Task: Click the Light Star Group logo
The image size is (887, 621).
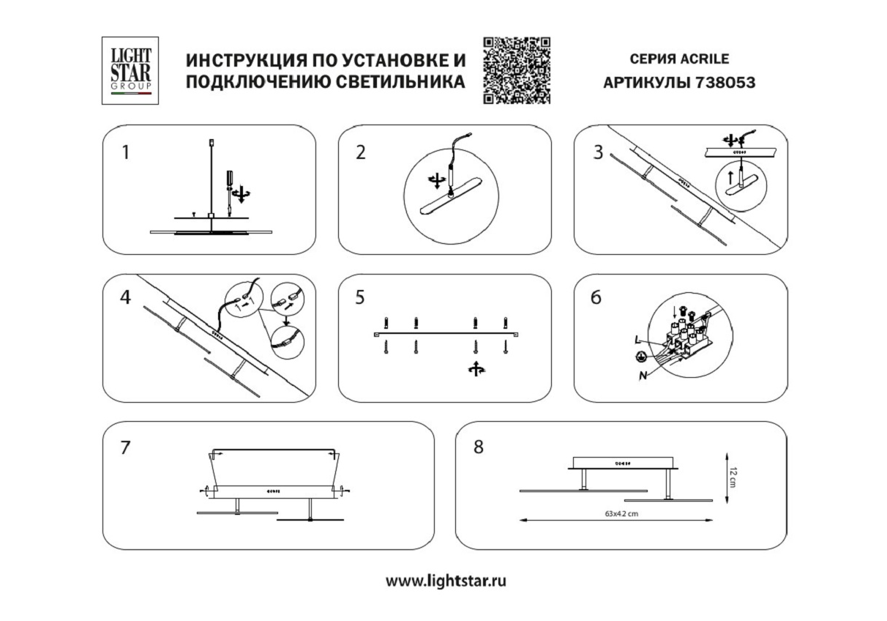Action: (x=130, y=70)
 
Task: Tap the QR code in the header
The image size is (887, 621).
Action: (x=517, y=70)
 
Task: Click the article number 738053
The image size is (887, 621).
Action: (x=725, y=83)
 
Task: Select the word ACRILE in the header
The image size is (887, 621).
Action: (x=705, y=59)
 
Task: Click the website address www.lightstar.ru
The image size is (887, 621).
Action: (x=446, y=581)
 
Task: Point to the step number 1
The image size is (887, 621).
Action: (x=126, y=152)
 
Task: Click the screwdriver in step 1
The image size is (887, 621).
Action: (x=229, y=193)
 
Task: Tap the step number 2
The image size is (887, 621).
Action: (x=361, y=152)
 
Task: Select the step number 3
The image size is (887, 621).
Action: (x=598, y=152)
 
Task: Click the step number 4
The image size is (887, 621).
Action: (x=126, y=297)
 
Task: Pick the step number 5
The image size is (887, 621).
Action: (x=360, y=297)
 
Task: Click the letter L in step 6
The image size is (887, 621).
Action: (x=637, y=340)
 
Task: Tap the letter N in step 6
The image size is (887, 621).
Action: (x=643, y=375)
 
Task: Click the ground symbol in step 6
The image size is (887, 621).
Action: (x=639, y=357)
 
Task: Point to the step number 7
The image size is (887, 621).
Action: (x=125, y=448)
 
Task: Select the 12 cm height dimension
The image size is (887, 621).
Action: (x=733, y=477)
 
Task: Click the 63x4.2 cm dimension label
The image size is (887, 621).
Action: (x=621, y=513)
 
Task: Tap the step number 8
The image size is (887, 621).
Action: (x=479, y=447)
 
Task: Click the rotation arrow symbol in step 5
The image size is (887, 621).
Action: (x=476, y=369)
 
